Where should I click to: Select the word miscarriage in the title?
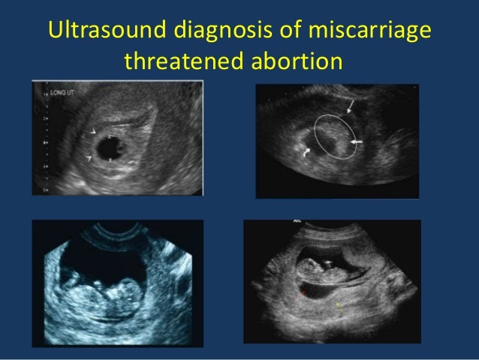click(367, 34)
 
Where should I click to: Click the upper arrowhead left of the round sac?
click(92, 135)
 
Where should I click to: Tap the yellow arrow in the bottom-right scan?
click(339, 305)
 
